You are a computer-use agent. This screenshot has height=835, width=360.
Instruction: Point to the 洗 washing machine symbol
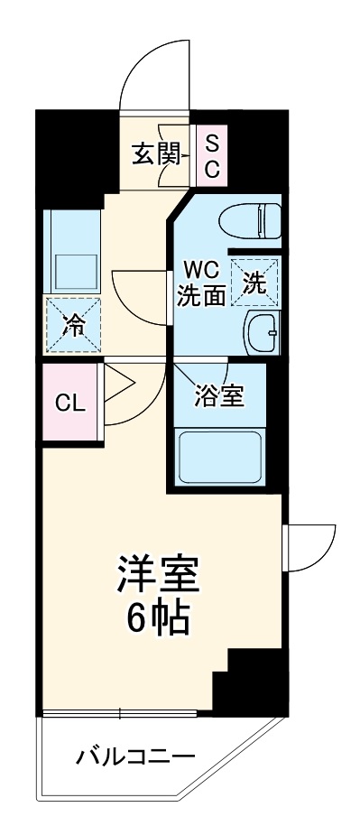[255, 283]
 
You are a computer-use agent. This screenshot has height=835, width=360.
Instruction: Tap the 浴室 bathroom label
[217, 395]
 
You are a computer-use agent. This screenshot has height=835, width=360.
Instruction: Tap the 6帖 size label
[156, 619]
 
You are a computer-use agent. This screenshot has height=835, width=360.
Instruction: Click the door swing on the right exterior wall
[309, 545]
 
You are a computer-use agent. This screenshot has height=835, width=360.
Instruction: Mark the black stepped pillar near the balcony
[246, 682]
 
